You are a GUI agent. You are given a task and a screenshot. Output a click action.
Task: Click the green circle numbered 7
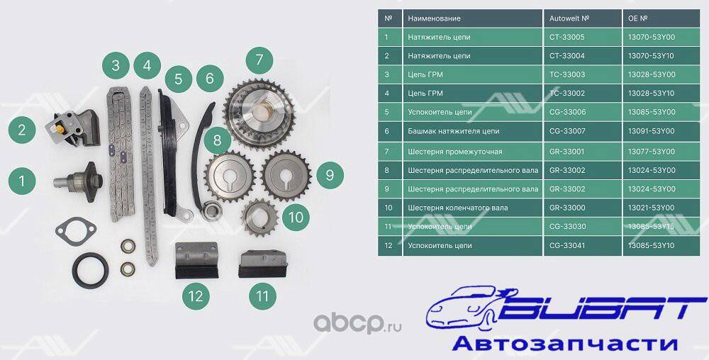click(259, 60)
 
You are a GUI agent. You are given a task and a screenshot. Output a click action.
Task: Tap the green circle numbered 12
click(196, 296)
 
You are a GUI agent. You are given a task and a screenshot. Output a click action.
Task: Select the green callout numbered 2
click(22, 130)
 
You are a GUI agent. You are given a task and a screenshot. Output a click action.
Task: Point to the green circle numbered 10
click(296, 218)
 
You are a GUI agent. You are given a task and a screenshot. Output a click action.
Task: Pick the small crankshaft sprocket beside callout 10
click(259, 218)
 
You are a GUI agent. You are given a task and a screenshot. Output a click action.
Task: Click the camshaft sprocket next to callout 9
click(286, 175)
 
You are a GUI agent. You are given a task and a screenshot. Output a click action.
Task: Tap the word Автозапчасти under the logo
click(564, 344)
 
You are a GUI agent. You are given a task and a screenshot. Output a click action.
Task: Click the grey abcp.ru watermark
click(357, 322)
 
